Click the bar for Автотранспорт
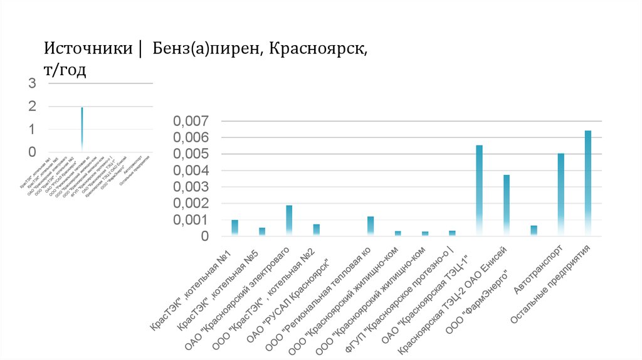[561, 194]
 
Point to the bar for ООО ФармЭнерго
[534, 230]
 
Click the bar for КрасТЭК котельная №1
[234, 228]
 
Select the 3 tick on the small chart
[32, 83]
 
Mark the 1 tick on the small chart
[32, 129]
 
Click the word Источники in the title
[87, 48]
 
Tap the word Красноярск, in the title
[318, 48]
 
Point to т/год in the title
[65, 70]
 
